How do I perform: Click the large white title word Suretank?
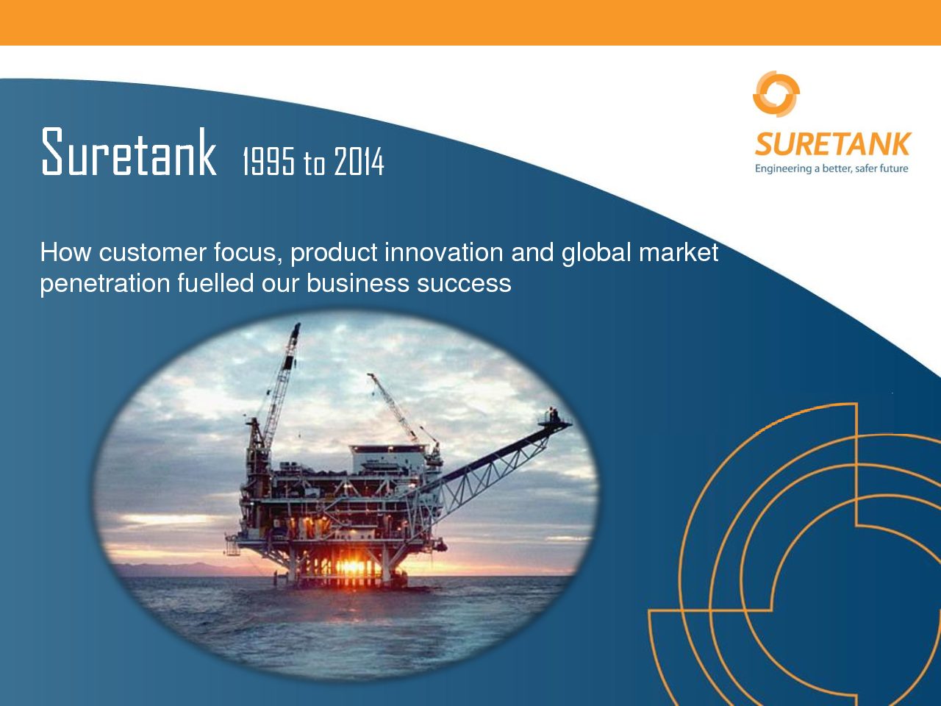tap(129, 151)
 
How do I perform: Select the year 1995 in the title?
tap(269, 161)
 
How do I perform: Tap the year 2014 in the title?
tap(359, 161)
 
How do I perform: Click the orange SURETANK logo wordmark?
tap(833, 144)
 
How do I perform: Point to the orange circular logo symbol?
tap(776, 94)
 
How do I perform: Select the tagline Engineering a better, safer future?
tap(831, 168)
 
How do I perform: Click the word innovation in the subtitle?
tap(444, 252)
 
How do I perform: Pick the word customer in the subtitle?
tap(153, 252)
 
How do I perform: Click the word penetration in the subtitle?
tap(105, 284)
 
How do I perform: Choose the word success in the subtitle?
tap(465, 284)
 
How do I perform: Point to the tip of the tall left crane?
tap(297, 325)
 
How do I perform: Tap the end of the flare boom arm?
tap(568, 424)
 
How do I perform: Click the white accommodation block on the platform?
tap(389, 460)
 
